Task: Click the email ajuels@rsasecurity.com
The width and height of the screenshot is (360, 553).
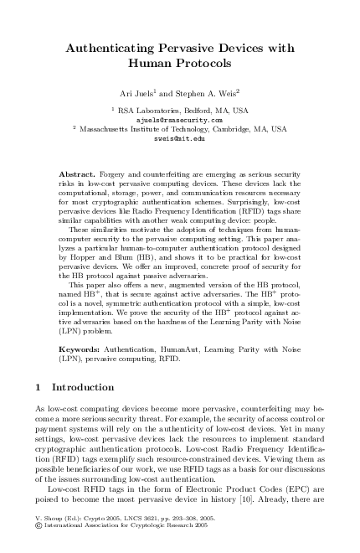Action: [x=180, y=120]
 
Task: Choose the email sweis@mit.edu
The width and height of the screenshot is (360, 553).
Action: [x=180, y=139]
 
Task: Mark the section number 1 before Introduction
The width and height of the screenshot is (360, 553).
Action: [x=41, y=388]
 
